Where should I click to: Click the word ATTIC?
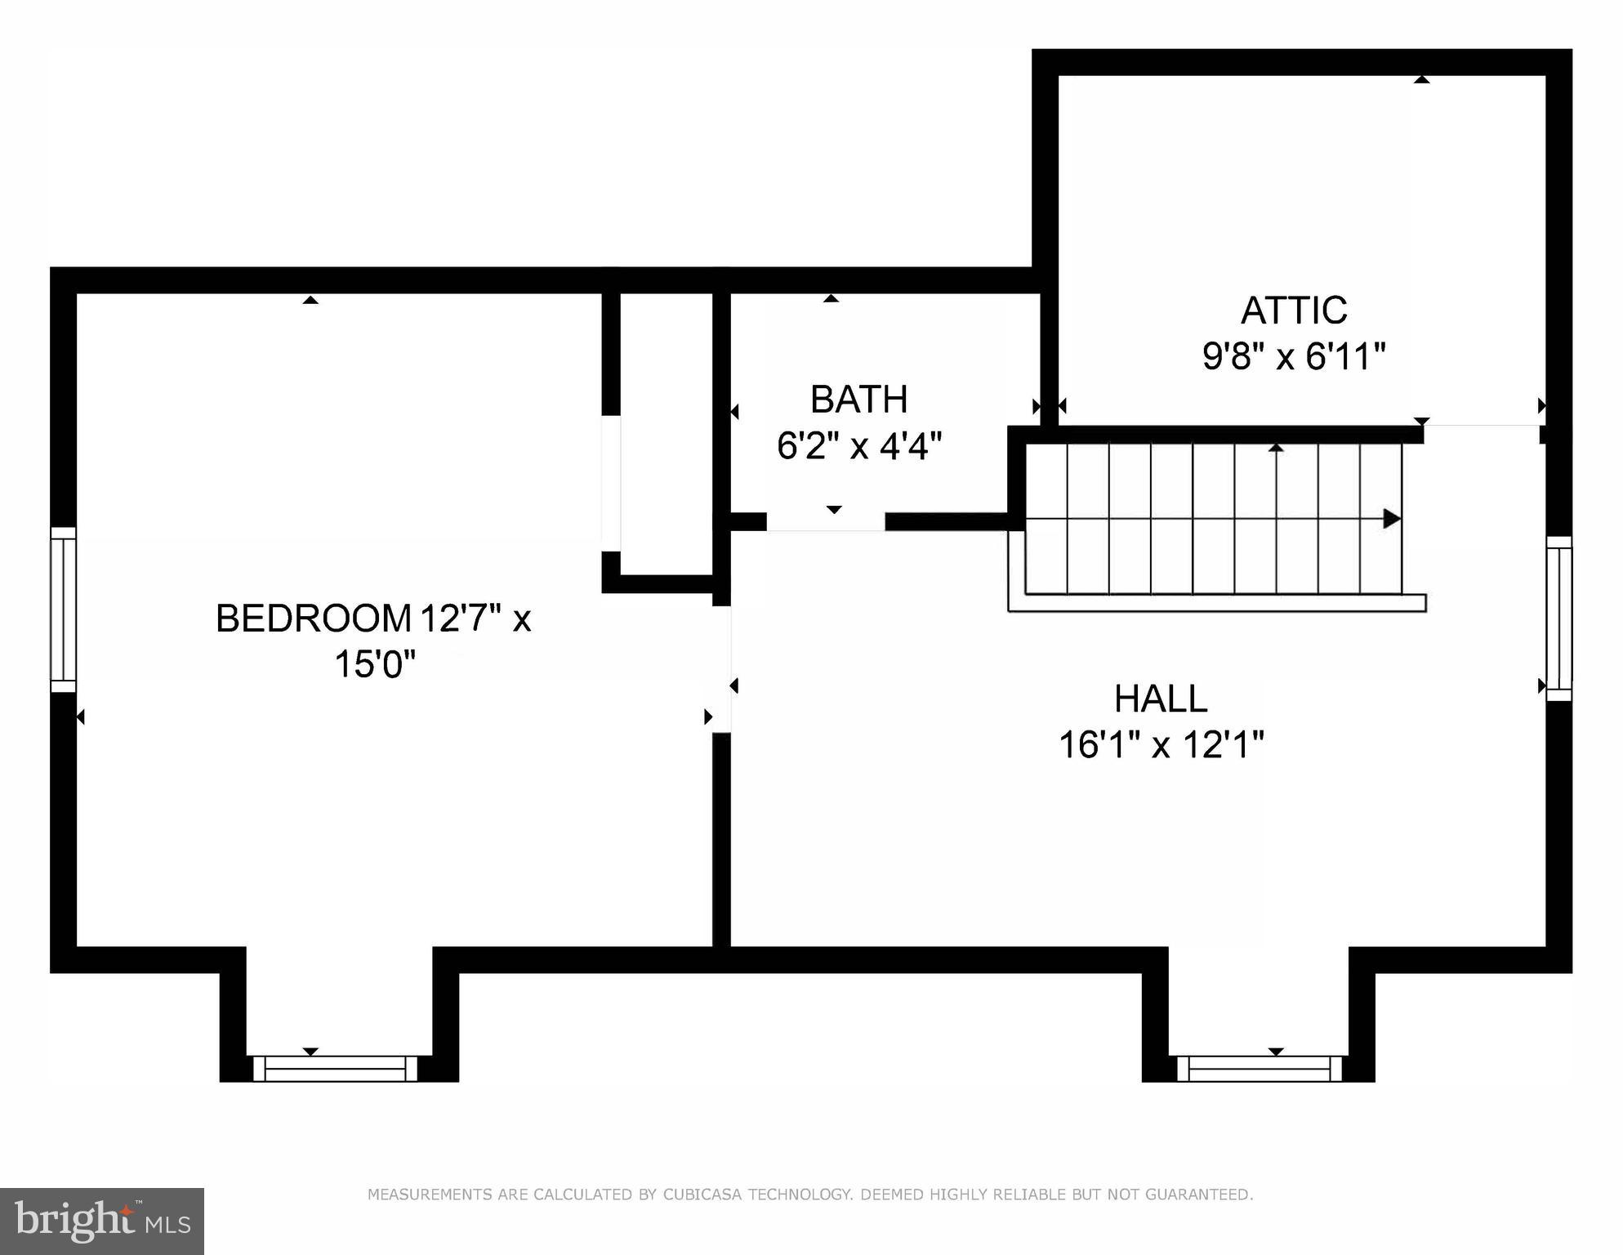click(x=1293, y=310)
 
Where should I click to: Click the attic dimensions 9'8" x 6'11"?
click(x=1294, y=357)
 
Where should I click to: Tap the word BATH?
click(x=858, y=400)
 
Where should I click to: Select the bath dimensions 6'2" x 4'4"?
click(x=858, y=446)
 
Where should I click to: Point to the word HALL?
click(x=1160, y=699)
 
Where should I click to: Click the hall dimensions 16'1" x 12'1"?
click(x=1161, y=745)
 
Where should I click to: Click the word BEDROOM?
click(x=313, y=619)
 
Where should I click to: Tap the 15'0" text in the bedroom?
click(x=374, y=664)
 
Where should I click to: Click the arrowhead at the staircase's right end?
click(x=1391, y=518)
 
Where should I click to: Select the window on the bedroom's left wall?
click(x=63, y=610)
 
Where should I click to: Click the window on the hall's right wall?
click(x=1558, y=618)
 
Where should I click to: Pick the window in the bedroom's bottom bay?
click(x=335, y=1069)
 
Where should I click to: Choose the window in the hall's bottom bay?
click(x=1264, y=1069)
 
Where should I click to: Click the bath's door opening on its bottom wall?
click(x=825, y=522)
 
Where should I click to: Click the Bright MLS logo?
click(x=101, y=1221)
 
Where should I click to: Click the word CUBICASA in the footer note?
click(x=702, y=1195)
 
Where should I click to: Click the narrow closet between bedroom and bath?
click(x=667, y=433)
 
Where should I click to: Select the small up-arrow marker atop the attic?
click(x=1421, y=80)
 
